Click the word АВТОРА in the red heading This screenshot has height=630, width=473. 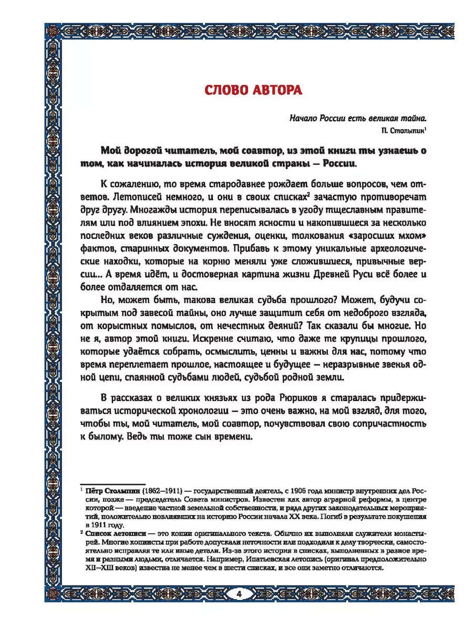coord(278,90)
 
